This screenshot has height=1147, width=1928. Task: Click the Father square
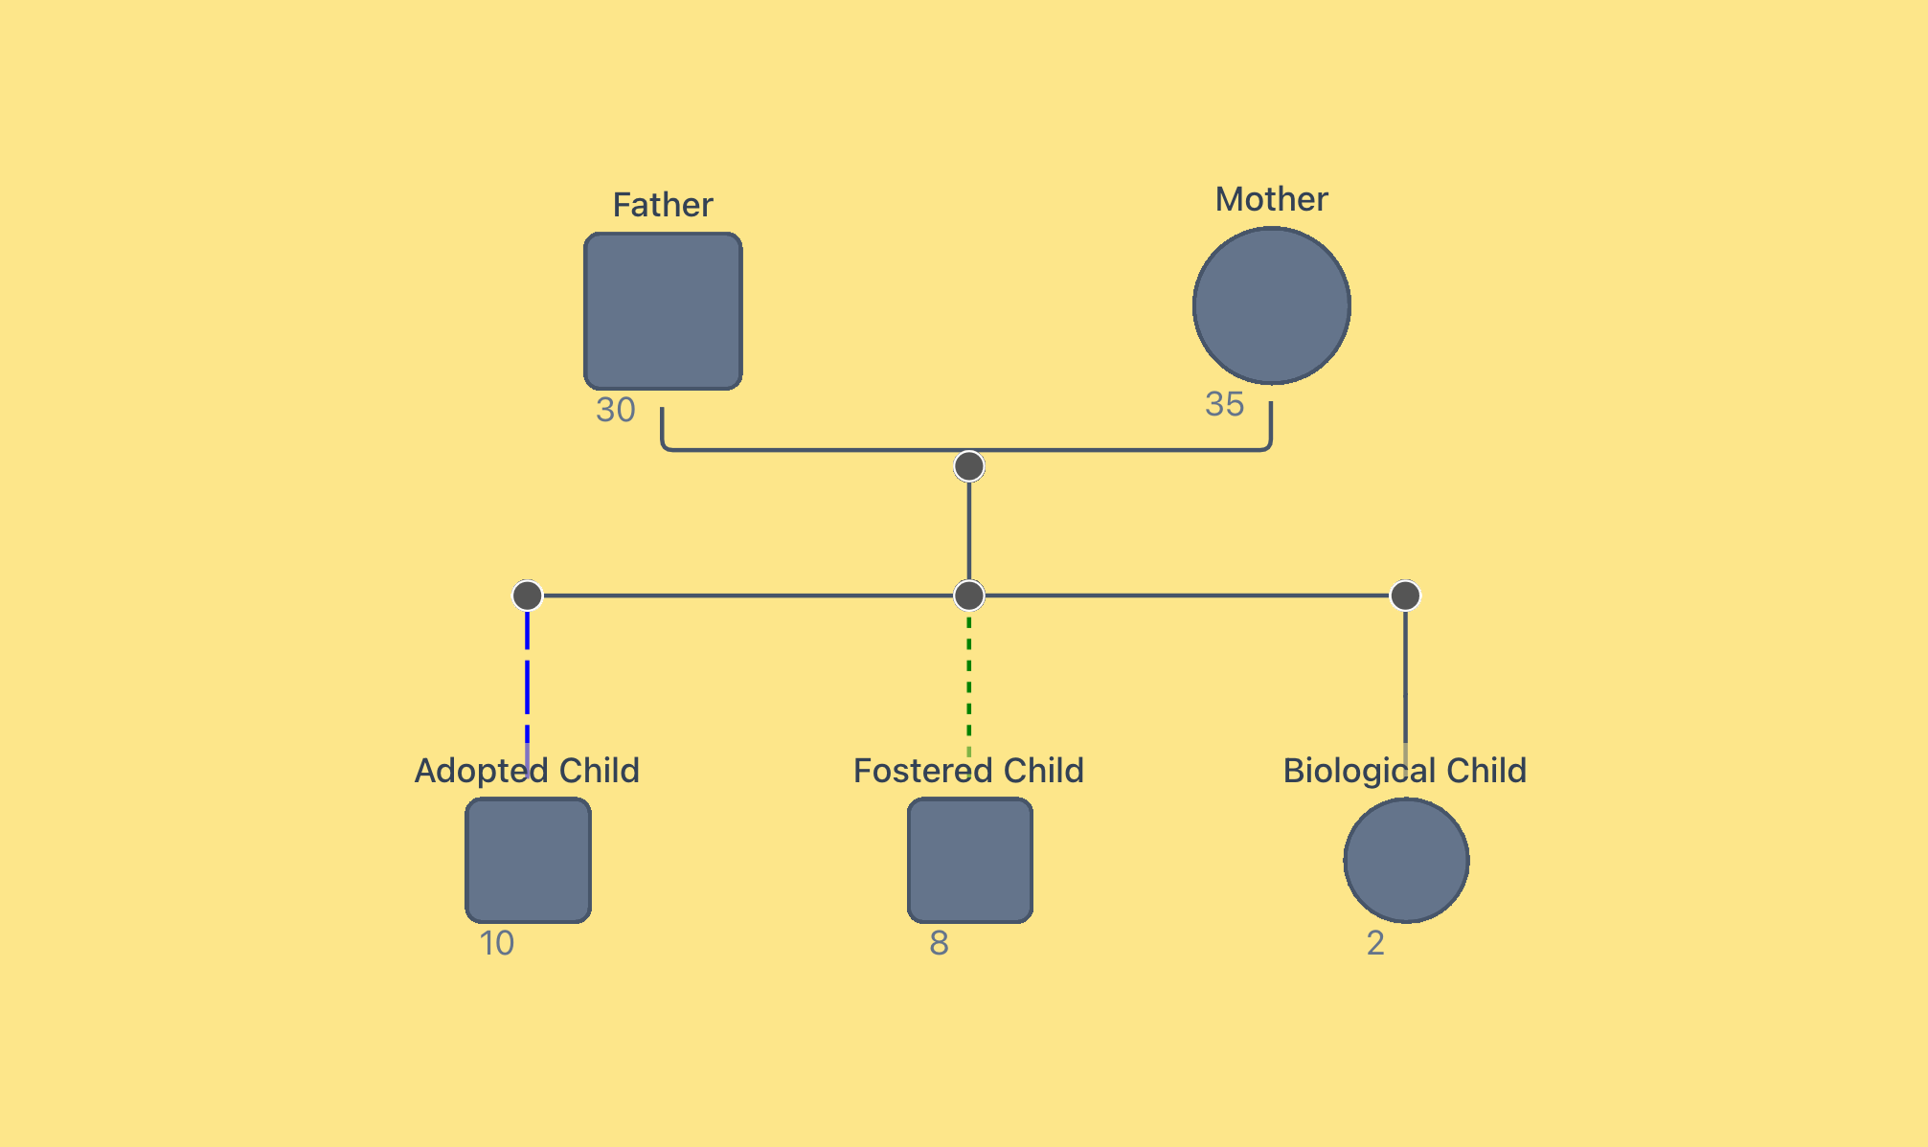click(x=663, y=311)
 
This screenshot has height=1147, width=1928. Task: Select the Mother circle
click(x=1271, y=305)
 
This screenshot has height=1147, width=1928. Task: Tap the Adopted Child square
click(x=528, y=860)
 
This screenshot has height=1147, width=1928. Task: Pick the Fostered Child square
click(x=969, y=860)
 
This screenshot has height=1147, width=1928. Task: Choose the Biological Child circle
click(x=1405, y=860)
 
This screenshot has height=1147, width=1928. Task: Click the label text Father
click(x=663, y=205)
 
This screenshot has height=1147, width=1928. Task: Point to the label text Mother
click(x=1271, y=199)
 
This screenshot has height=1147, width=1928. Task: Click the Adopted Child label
click(x=527, y=771)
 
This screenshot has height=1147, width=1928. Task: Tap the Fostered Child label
click(x=968, y=771)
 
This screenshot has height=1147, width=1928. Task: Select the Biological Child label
click(x=1404, y=771)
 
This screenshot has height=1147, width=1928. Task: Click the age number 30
click(x=615, y=410)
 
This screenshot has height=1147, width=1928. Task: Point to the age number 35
click(x=1224, y=404)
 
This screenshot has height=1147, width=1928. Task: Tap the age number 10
click(x=497, y=943)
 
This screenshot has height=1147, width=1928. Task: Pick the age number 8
click(x=939, y=943)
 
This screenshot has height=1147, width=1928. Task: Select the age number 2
click(x=1375, y=943)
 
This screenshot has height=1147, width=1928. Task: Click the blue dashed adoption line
click(x=527, y=680)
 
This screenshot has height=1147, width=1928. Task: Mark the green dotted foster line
click(x=969, y=680)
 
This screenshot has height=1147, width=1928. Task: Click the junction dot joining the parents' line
click(x=969, y=466)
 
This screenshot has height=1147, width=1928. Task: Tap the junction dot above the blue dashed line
click(x=527, y=596)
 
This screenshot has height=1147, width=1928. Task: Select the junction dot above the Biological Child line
click(x=1405, y=596)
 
